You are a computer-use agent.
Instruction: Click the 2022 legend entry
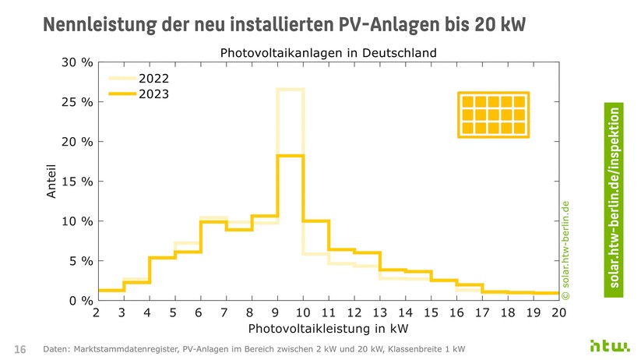[153, 79]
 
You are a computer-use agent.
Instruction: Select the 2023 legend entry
[153, 94]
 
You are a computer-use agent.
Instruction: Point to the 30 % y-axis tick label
[77, 62]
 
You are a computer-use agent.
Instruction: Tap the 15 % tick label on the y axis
[77, 182]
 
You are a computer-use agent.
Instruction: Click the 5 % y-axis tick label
[80, 261]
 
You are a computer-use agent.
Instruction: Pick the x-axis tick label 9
[276, 313]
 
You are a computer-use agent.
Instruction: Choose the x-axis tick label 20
[559, 313]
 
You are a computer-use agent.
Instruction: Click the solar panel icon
[493, 115]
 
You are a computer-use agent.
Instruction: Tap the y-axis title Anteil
[52, 181]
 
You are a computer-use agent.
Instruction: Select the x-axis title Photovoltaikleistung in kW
[326, 330]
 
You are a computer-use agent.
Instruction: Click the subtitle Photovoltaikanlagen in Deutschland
[328, 53]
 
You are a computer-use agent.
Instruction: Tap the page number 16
[20, 348]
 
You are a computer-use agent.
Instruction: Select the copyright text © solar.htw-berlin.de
[566, 249]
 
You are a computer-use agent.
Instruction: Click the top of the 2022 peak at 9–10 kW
[290, 90]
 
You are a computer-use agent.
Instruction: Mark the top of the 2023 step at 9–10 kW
[290, 156]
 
